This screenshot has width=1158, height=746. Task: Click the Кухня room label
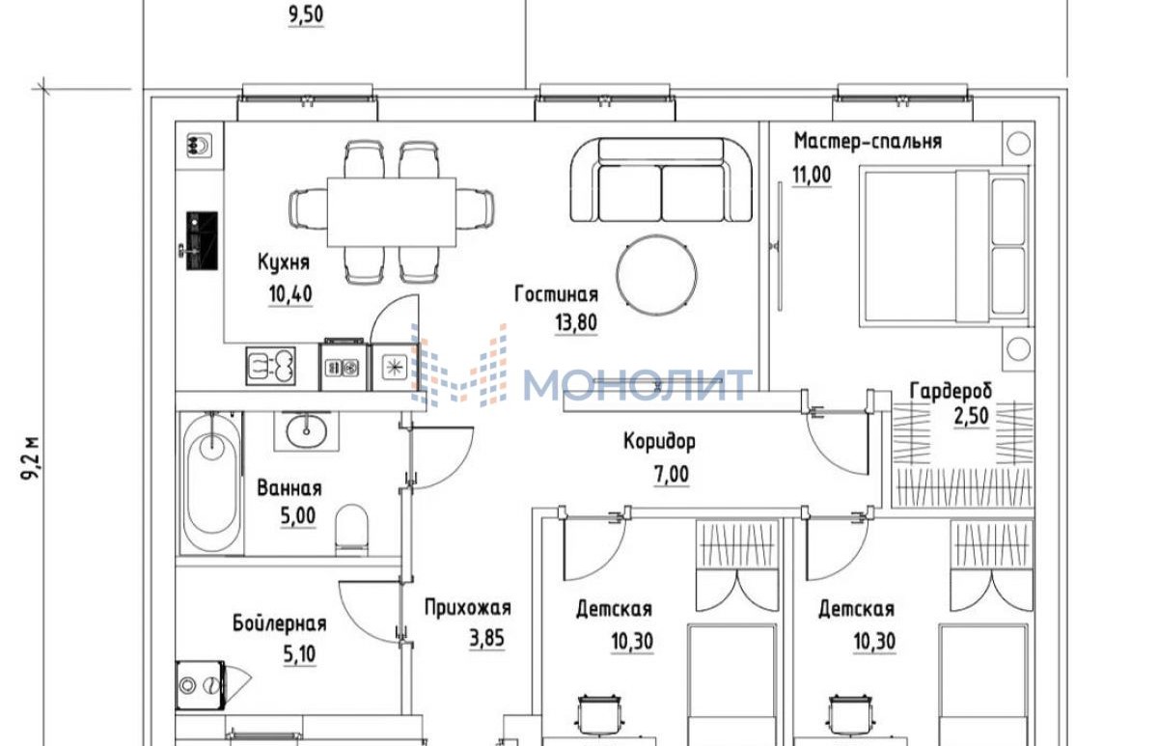click(x=284, y=262)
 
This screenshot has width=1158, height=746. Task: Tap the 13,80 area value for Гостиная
click(x=576, y=323)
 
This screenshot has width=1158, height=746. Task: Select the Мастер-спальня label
click(x=868, y=141)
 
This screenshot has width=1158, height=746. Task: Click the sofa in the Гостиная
click(x=661, y=180)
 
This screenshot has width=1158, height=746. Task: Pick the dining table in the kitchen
click(x=392, y=212)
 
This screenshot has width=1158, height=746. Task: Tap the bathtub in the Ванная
click(x=211, y=483)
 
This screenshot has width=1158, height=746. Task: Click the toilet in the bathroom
click(x=351, y=530)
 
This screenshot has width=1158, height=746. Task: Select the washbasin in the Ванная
click(x=307, y=431)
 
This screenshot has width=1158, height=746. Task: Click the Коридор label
click(x=660, y=441)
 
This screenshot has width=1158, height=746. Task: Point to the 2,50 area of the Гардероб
click(x=972, y=416)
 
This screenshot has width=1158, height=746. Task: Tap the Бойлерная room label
click(x=280, y=623)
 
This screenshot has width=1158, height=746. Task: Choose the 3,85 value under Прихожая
click(x=486, y=639)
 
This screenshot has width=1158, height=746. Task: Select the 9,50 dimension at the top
click(x=306, y=15)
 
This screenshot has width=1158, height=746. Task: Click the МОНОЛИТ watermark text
click(x=637, y=385)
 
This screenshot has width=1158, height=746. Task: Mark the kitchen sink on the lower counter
click(x=271, y=366)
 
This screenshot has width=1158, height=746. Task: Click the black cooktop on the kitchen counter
click(x=202, y=240)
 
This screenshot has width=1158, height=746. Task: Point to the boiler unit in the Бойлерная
click(x=201, y=685)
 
